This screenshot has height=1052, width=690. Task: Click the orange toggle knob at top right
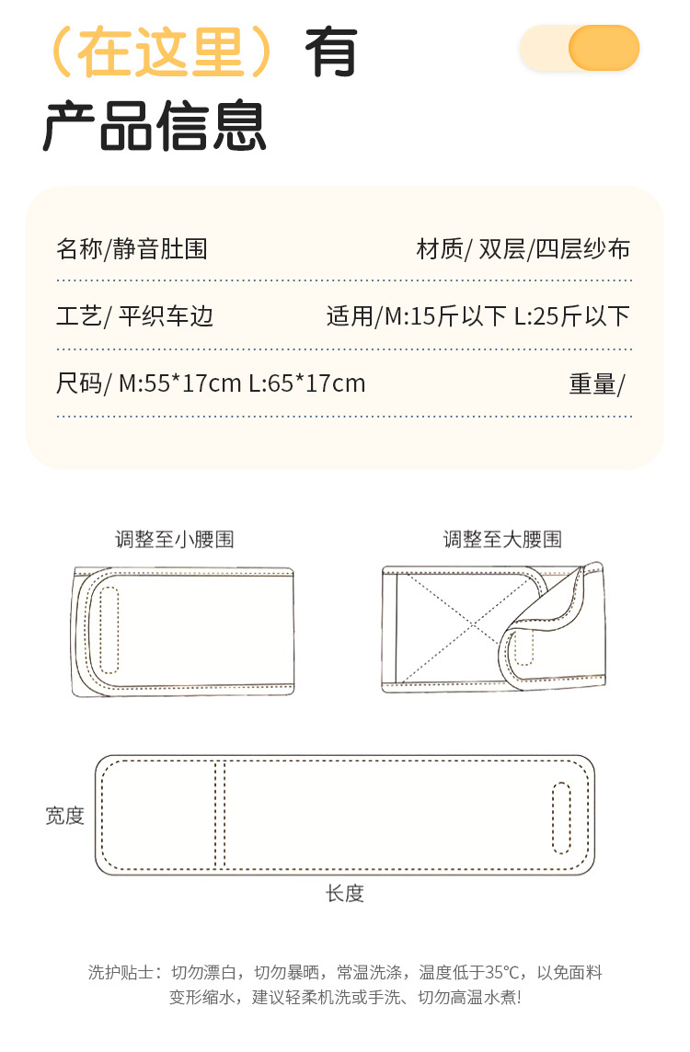point(604,48)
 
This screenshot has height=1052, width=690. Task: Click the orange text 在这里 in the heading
point(161,51)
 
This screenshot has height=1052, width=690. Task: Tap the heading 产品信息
point(155,126)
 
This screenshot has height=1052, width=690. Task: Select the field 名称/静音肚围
point(132,248)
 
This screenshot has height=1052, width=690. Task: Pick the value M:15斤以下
point(445,316)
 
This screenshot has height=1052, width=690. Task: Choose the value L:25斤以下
point(571,316)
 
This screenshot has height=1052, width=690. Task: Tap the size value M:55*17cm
point(179,383)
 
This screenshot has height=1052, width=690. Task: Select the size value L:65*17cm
point(306,383)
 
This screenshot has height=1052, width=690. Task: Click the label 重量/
point(596,383)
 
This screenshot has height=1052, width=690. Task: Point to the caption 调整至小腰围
point(175,539)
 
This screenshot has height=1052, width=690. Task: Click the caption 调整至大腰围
point(502,539)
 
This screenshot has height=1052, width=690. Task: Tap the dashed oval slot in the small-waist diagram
point(109,629)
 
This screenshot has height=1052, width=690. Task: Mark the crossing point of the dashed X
point(474,627)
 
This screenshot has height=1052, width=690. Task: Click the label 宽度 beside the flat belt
point(65,815)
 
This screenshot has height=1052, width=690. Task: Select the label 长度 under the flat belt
point(345,893)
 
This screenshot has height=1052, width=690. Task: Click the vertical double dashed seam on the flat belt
point(220,815)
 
